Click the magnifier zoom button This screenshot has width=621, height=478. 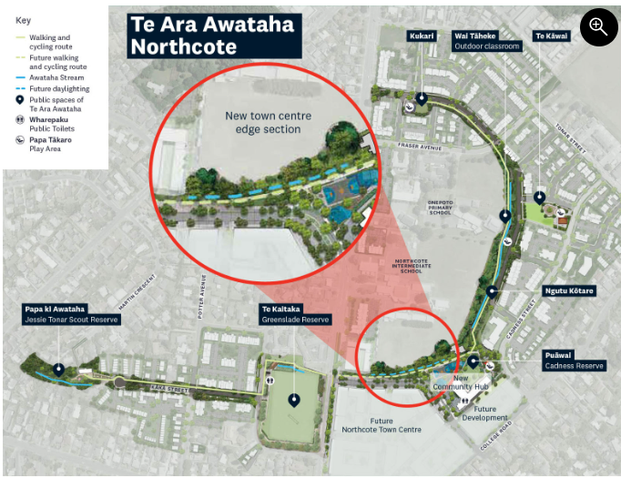click(x=597, y=28)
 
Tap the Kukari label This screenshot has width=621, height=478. click(x=422, y=36)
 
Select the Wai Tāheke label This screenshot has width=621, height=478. click(x=487, y=41)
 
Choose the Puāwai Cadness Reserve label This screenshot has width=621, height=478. click(x=574, y=361)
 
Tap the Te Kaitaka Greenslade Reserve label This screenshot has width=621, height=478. click(x=295, y=314)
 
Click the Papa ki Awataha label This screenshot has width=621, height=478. click(x=72, y=314)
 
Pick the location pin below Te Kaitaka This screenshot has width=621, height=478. click(x=294, y=399)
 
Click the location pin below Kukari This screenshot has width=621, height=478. click(x=422, y=97)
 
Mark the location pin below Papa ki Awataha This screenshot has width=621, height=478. click(x=59, y=370)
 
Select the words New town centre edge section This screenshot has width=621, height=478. click(x=262, y=122)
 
